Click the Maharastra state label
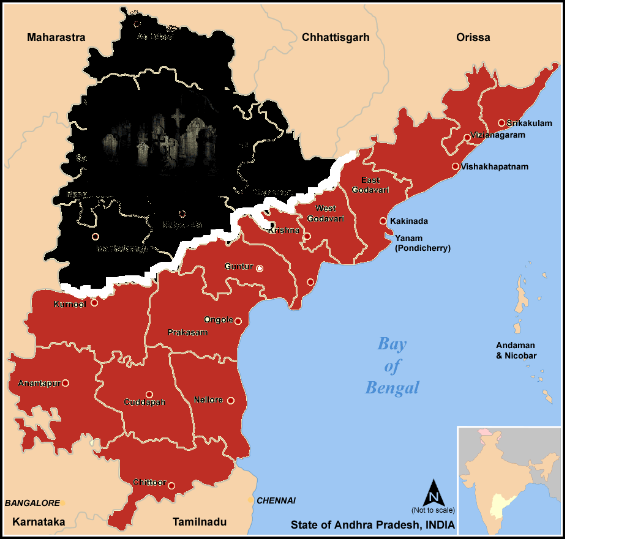click(56, 37)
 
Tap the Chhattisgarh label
click(336, 37)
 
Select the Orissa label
click(473, 37)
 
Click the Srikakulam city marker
click(501, 123)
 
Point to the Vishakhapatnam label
click(495, 166)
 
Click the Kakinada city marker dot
click(383, 221)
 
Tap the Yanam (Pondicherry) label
click(422, 243)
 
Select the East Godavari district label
click(370, 185)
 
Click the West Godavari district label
click(326, 214)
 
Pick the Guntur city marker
click(260, 269)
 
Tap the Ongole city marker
click(238, 321)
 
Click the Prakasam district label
click(187, 333)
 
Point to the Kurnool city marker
click(94, 303)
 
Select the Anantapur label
click(39, 384)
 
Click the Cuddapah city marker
click(149, 395)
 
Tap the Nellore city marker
click(231, 401)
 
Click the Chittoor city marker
click(171, 486)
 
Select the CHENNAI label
click(276, 500)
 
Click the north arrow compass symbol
click(433, 493)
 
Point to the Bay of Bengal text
click(392, 365)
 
